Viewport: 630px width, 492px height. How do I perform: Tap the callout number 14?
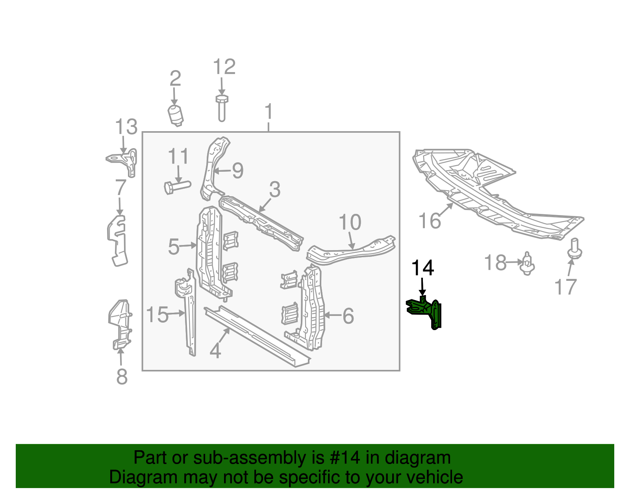click(422, 268)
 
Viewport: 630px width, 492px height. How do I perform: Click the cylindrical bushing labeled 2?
click(176, 115)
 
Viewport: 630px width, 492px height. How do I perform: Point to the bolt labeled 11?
click(177, 186)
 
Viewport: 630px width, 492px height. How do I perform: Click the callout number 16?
click(430, 221)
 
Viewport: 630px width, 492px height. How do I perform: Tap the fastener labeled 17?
click(575, 249)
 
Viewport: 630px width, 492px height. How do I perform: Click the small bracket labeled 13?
click(123, 161)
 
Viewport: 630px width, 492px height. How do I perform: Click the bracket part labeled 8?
click(120, 325)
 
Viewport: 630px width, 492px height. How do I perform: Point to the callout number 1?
click(269, 112)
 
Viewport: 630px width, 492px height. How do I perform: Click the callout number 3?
click(274, 190)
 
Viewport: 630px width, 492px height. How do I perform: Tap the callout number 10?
click(350, 223)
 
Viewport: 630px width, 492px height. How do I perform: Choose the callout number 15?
click(157, 315)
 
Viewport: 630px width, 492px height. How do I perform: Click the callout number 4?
click(215, 350)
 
